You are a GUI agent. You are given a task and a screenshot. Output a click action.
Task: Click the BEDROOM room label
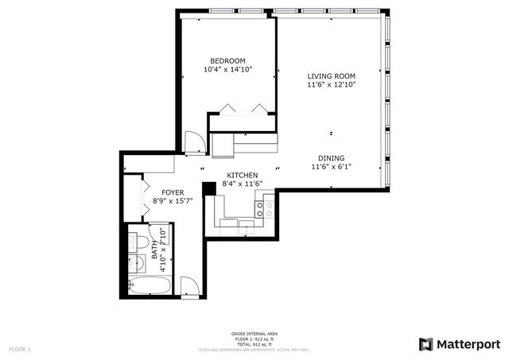227,61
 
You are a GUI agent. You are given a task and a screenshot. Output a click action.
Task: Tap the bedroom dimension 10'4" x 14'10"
227,70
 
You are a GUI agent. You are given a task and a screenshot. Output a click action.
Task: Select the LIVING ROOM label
331,76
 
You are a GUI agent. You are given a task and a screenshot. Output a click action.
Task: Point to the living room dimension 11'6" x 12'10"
331,85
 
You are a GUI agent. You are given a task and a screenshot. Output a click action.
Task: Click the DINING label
332,158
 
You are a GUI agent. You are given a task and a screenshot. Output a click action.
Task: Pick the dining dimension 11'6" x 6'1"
332,167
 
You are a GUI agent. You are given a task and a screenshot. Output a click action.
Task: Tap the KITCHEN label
243,175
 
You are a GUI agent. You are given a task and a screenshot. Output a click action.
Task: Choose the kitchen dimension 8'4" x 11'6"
243,184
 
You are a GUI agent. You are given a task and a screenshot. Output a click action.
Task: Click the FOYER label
173,192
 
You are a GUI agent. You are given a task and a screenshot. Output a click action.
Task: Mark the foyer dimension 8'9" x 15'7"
173,201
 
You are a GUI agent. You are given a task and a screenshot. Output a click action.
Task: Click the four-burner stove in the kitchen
263,208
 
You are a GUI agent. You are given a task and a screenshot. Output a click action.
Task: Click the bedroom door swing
192,143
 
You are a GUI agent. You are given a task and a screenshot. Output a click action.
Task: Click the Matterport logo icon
426,343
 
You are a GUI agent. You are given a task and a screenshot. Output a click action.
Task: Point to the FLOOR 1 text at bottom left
20,349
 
